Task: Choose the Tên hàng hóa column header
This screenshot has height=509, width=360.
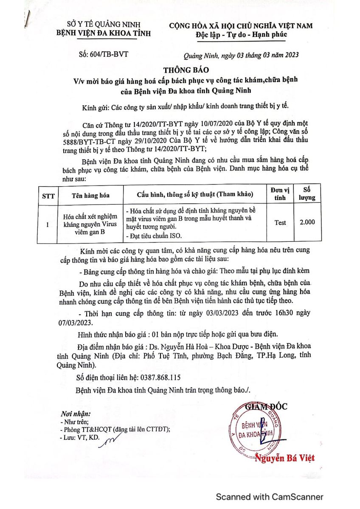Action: (90, 195)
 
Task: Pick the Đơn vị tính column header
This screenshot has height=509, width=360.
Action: (280, 194)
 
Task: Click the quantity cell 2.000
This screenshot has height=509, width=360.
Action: (307, 222)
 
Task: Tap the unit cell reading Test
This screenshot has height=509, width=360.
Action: (280, 223)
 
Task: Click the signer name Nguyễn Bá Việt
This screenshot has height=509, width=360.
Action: (285, 458)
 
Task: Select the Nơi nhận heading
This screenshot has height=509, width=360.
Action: (76, 414)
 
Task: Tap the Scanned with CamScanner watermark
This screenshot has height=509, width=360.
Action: (270, 497)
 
